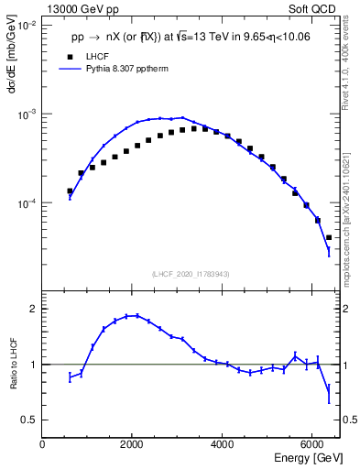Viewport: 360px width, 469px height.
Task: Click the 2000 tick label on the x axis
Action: point(132,443)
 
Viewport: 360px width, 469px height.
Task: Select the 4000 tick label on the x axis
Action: point(222,443)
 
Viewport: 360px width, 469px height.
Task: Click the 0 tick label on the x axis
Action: point(42,443)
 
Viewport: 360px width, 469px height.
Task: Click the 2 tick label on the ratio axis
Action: point(33,310)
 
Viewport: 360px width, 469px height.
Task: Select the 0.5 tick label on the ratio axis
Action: point(30,420)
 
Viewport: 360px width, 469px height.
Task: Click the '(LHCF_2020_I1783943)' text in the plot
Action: point(191,274)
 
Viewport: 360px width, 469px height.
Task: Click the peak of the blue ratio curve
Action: point(134,316)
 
